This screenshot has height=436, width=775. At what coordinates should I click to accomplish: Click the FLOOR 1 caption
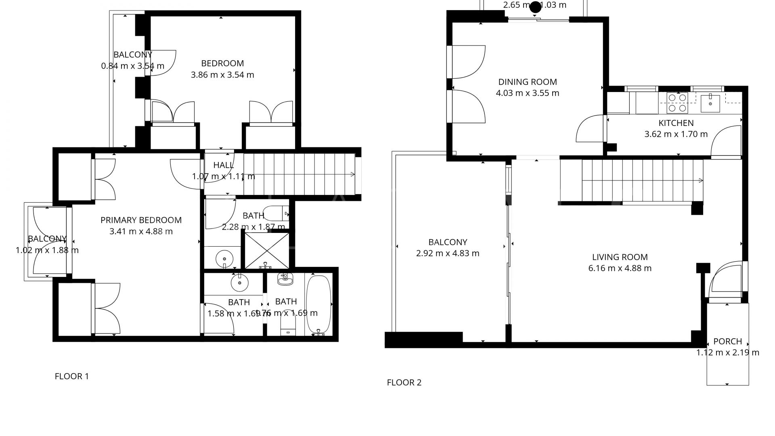point(71,376)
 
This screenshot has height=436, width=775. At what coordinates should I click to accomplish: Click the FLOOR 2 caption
point(404,382)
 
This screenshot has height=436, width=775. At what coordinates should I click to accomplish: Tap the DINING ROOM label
point(527,82)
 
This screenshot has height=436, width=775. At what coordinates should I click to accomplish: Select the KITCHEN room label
point(676,123)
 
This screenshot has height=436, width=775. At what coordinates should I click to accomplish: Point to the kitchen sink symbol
point(710,103)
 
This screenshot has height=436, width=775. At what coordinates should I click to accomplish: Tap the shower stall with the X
point(267,250)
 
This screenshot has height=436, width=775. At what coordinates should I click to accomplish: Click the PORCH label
point(727,342)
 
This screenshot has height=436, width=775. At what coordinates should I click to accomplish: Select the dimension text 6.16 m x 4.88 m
point(620,268)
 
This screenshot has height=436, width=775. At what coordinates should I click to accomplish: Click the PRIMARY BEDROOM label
point(141,220)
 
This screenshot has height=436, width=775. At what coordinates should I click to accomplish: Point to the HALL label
point(223,165)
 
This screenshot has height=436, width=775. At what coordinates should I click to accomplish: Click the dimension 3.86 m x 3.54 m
point(222,75)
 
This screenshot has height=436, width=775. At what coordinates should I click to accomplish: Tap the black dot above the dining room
point(535,7)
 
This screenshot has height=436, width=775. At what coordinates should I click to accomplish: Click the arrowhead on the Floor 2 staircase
point(701,180)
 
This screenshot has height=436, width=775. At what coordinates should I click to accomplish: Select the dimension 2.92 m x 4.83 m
point(447,254)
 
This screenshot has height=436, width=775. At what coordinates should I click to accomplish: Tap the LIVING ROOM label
point(620,257)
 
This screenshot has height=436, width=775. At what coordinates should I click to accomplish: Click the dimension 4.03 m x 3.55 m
point(527,93)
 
